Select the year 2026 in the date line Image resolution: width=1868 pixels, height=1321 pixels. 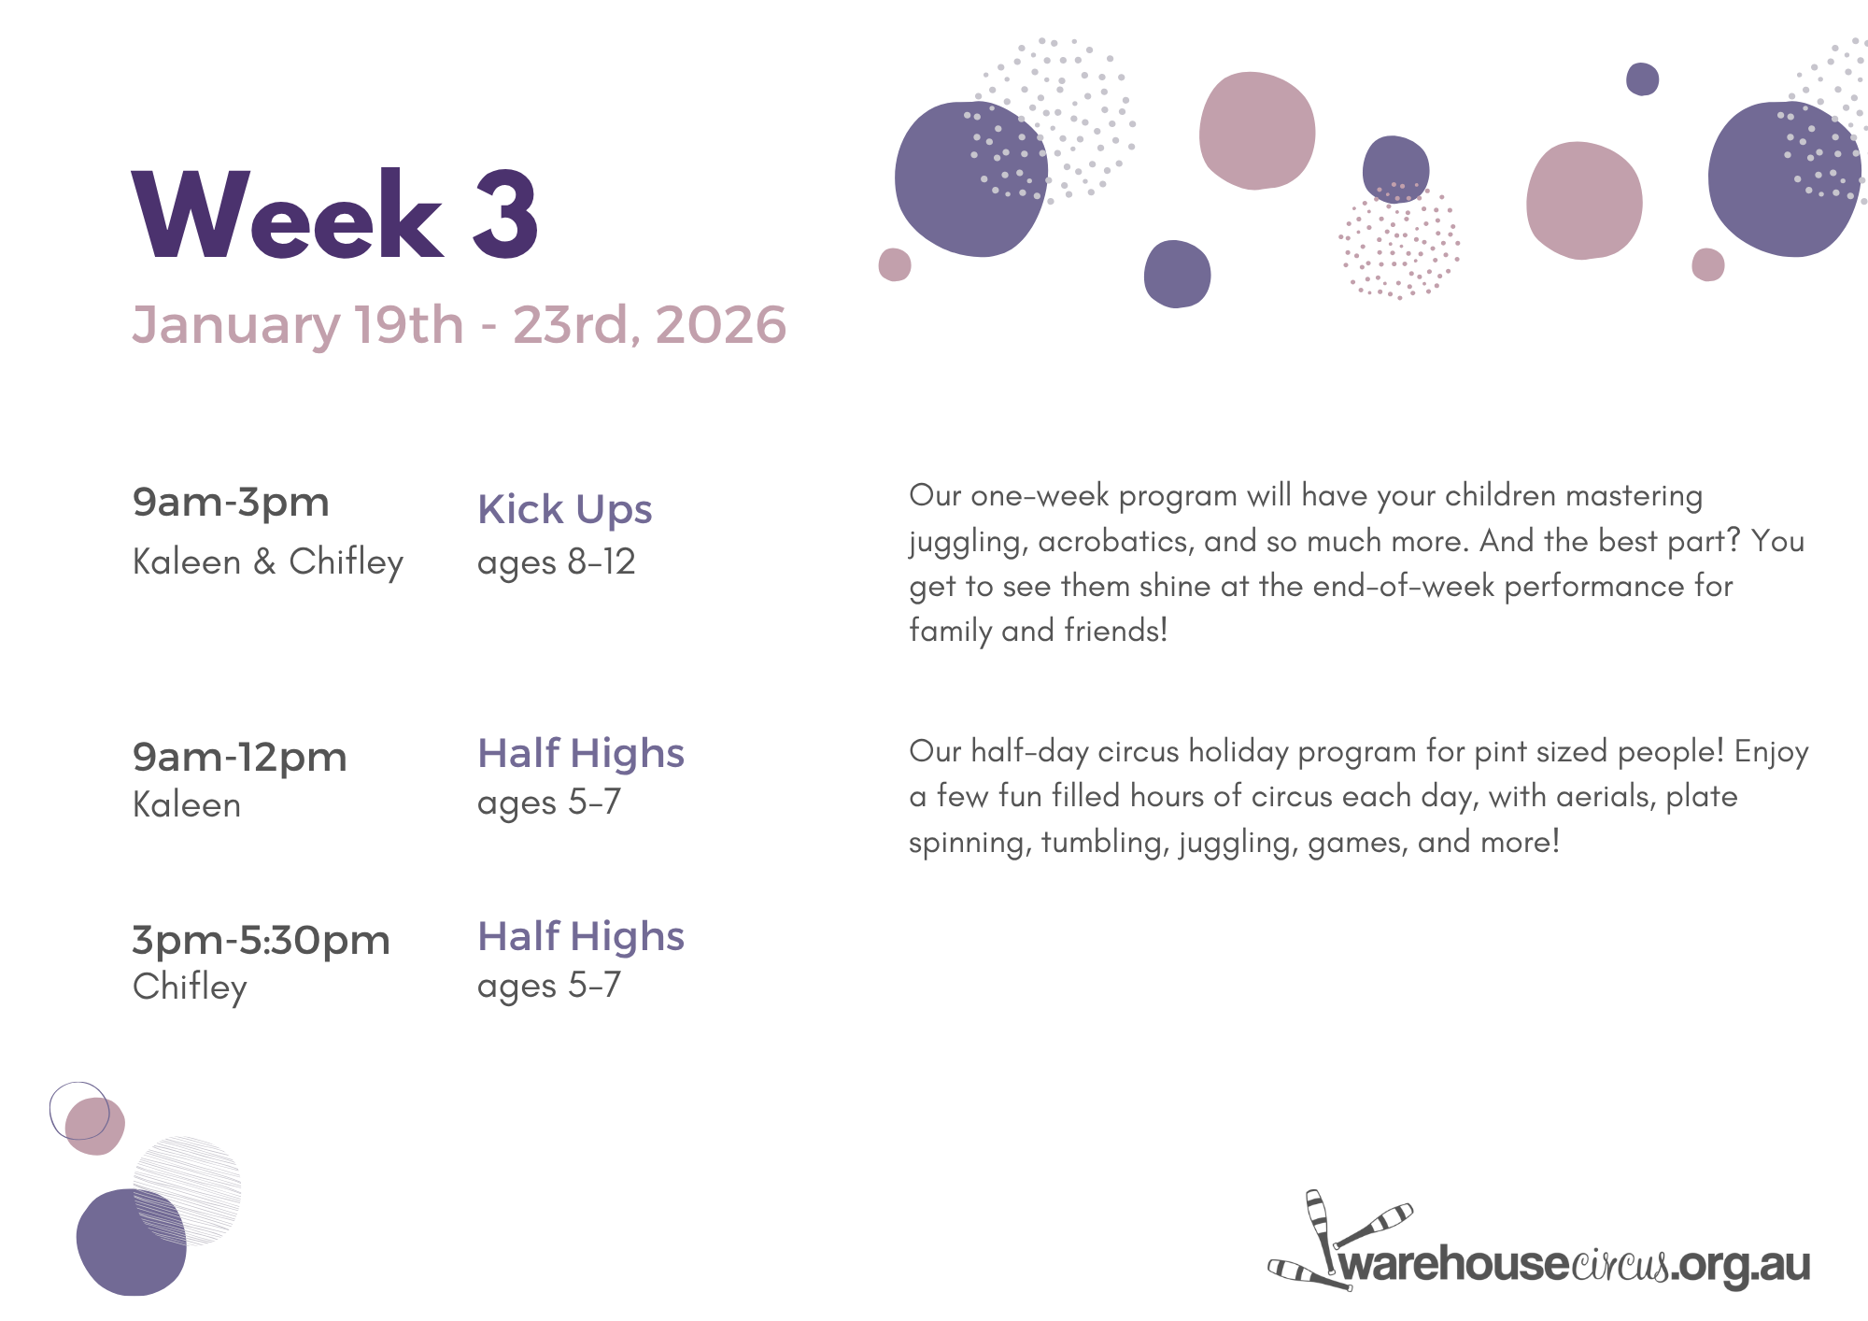721,325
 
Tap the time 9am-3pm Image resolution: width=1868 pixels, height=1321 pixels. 231,503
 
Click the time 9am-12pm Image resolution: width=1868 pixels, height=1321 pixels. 239,758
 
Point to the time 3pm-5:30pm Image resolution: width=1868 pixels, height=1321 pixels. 261,941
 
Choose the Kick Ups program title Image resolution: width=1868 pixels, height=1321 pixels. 564,510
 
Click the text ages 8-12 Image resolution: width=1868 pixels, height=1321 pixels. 556,562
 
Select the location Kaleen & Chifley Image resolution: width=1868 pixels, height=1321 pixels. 268,561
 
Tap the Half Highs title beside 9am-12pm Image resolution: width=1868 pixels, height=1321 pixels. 581,753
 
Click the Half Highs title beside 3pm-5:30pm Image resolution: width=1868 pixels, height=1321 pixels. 581,936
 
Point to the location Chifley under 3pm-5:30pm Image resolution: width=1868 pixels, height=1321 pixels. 190,987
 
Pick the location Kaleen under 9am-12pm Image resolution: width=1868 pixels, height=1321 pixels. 187,804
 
